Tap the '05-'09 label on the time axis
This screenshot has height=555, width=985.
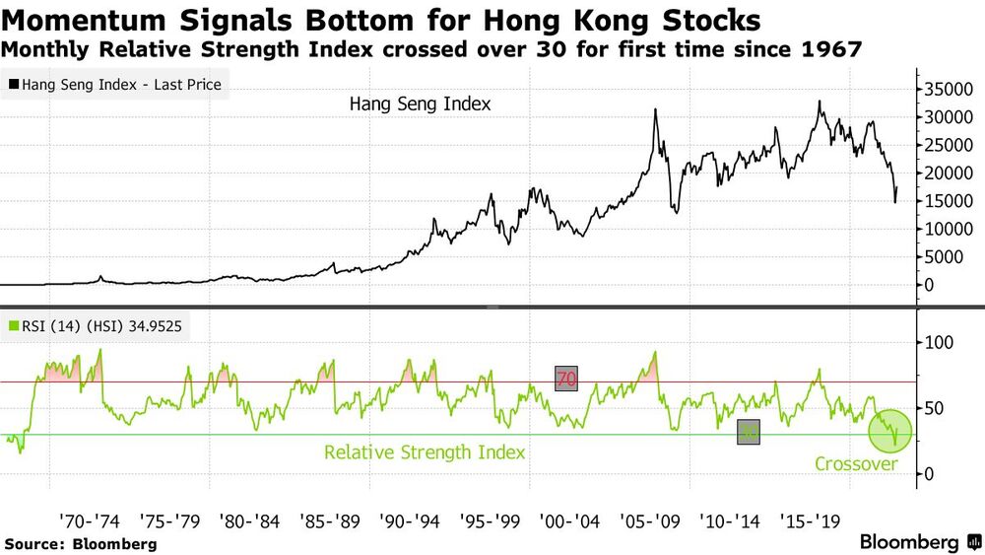(x=647, y=520)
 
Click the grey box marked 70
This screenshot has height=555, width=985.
(x=567, y=379)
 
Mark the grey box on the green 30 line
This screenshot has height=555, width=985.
(x=748, y=433)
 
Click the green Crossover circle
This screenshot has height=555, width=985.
(x=889, y=432)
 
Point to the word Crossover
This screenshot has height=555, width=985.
(x=857, y=462)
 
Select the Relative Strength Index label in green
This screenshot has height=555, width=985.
(x=424, y=452)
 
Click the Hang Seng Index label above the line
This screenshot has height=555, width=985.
(x=420, y=103)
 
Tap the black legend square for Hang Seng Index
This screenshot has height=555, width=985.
(x=13, y=86)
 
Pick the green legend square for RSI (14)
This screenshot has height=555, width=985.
(x=13, y=326)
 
